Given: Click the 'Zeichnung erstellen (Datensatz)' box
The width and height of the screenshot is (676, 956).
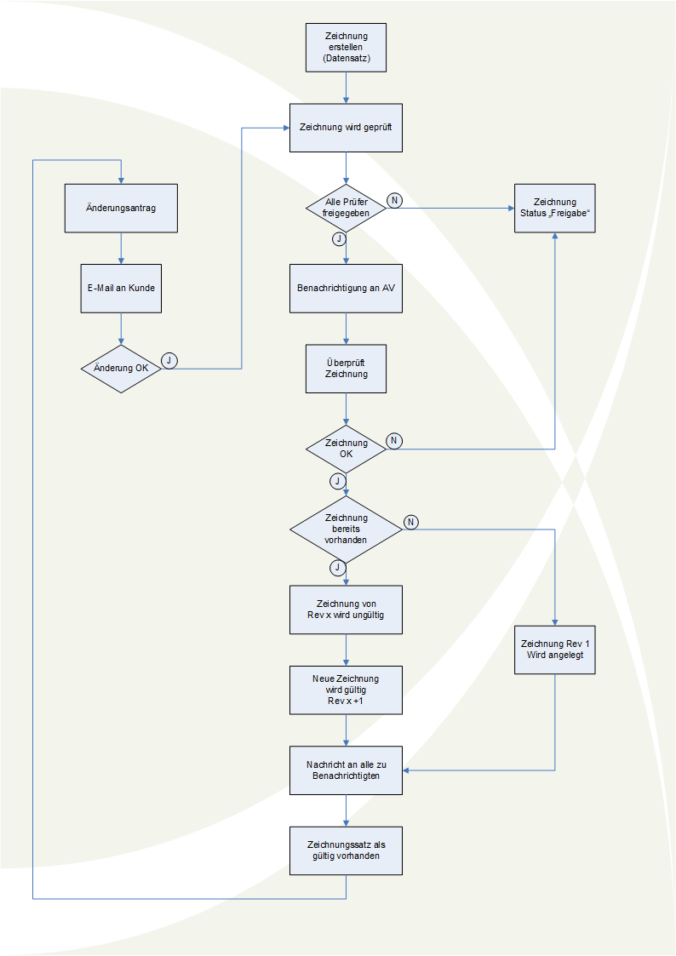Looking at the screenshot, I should pyautogui.click(x=346, y=48).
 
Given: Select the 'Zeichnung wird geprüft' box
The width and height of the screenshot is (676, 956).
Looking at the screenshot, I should pyautogui.click(x=346, y=128).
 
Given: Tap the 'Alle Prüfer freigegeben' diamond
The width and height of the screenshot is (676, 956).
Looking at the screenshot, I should pyautogui.click(x=347, y=208).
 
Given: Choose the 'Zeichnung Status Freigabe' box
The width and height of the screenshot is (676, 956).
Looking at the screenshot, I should pyautogui.click(x=555, y=209).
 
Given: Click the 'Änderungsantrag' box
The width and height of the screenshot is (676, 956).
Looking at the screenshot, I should pyautogui.click(x=121, y=208).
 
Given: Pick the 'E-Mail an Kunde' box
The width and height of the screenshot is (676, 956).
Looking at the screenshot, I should pyautogui.click(x=121, y=288).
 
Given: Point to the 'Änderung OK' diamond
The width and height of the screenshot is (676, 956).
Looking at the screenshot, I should pyautogui.click(x=122, y=369).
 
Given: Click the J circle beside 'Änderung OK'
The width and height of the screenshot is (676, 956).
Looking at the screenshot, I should pyautogui.click(x=169, y=360).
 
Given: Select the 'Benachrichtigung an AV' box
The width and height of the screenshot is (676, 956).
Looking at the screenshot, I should pyautogui.click(x=346, y=288).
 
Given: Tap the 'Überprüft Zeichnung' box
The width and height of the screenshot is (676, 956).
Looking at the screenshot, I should pyautogui.click(x=346, y=369).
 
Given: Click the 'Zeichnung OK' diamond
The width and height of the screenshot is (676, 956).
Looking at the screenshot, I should pyautogui.click(x=347, y=449).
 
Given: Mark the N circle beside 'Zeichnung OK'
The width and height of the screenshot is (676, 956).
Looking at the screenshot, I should pyautogui.click(x=394, y=440).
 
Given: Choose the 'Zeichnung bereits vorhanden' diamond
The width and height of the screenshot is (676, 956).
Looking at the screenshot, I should pyautogui.click(x=346, y=529).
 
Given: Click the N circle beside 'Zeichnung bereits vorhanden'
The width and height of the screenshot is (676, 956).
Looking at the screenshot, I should pyautogui.click(x=410, y=521).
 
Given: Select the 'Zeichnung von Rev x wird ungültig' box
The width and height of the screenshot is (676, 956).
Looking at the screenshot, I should pyautogui.click(x=346, y=610).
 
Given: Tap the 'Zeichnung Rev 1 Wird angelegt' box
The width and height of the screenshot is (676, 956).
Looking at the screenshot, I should pyautogui.click(x=555, y=650).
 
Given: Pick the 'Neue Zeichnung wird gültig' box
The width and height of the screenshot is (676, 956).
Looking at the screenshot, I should pyautogui.click(x=346, y=690).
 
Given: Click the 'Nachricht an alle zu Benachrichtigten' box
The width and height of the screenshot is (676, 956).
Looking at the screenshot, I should pyautogui.click(x=346, y=770).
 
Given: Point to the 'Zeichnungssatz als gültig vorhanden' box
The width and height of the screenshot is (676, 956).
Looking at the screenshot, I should pyautogui.click(x=346, y=850).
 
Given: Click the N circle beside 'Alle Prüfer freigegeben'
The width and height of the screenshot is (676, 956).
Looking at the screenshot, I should pyautogui.click(x=394, y=199).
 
